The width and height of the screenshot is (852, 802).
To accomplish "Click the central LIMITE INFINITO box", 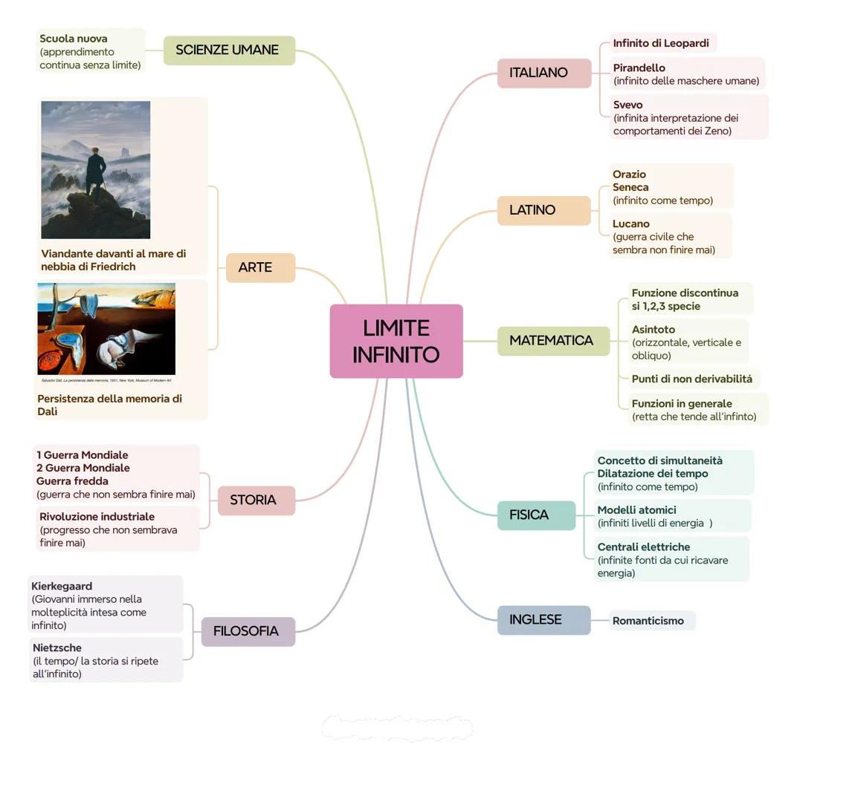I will click(396, 341).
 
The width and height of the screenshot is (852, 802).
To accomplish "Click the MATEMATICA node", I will click(552, 341).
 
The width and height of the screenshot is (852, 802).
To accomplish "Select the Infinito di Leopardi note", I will click(661, 43).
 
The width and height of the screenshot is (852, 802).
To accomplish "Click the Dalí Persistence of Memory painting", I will click(106, 328).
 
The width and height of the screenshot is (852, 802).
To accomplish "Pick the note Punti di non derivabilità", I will click(691, 379).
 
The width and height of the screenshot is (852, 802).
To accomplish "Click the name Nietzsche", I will click(57, 648).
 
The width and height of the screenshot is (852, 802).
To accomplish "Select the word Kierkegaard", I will click(62, 586).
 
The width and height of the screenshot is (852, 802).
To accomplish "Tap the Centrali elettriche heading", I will click(644, 547).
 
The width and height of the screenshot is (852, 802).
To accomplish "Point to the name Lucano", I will click(631, 224).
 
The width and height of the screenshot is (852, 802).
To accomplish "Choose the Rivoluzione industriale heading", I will click(97, 516).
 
